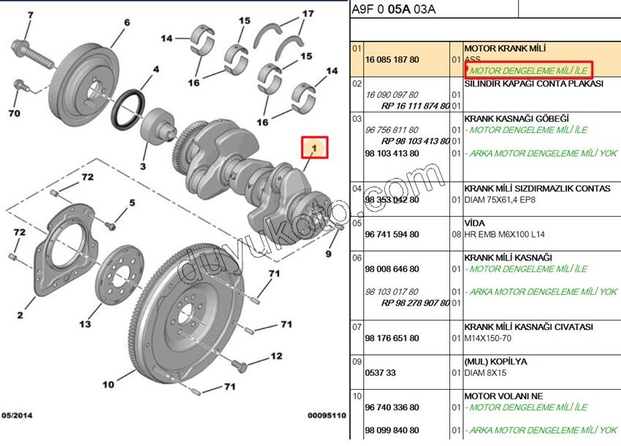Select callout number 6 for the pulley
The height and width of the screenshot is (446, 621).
coord(126,23)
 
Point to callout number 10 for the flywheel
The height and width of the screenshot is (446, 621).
coord(108,385)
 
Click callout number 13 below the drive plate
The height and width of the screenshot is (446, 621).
coord(85,324)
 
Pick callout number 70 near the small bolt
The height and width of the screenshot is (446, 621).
coord(14,114)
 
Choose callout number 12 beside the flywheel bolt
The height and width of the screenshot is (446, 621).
coord(275,357)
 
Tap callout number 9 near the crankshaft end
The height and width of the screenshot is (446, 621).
coord(328,254)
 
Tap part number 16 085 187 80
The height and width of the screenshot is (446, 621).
coord(392,59)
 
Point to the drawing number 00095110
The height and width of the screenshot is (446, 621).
coord(326,415)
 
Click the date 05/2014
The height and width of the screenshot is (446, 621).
coord(19,415)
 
